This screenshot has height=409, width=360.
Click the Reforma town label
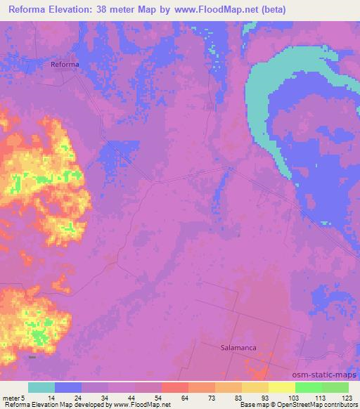[65, 64]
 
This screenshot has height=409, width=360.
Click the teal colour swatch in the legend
[41, 387]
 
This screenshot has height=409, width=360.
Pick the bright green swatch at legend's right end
[335, 387]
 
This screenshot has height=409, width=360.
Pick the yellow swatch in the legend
[282, 387]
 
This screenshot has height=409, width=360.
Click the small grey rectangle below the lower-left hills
[32, 356]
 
